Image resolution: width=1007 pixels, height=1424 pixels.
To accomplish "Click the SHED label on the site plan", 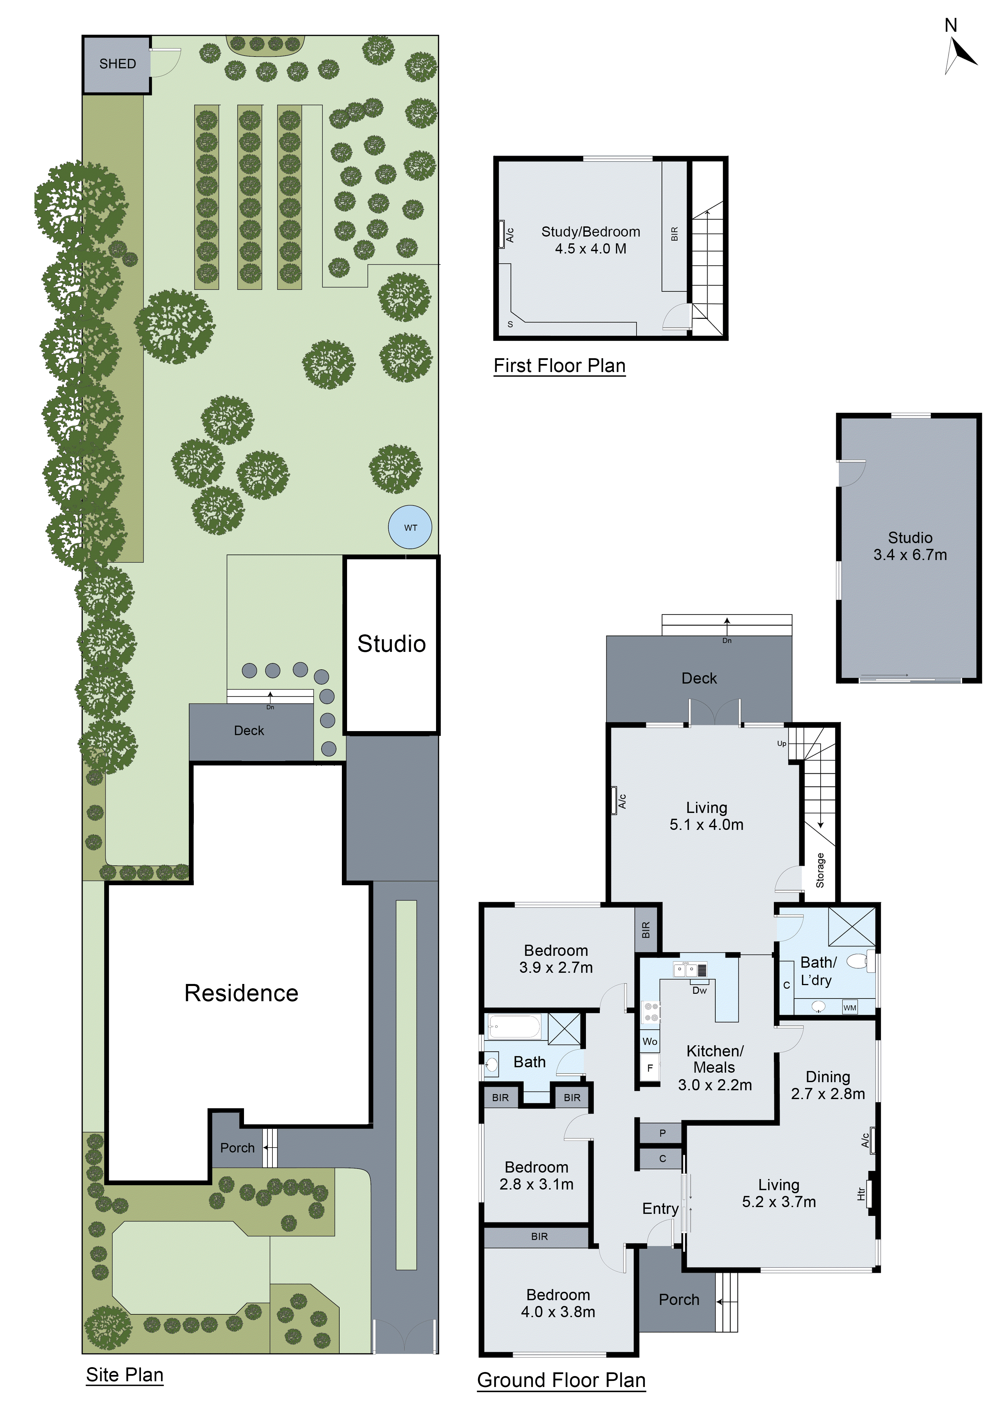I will click(117, 64).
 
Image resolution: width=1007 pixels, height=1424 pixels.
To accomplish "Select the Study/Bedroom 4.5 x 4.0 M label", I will click(590, 240).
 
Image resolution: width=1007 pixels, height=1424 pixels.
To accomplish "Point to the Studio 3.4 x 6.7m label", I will click(910, 546).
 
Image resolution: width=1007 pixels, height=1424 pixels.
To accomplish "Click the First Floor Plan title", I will click(559, 366).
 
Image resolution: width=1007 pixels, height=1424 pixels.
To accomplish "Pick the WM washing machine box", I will click(849, 1007).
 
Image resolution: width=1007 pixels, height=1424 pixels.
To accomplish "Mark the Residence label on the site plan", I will click(241, 993).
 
